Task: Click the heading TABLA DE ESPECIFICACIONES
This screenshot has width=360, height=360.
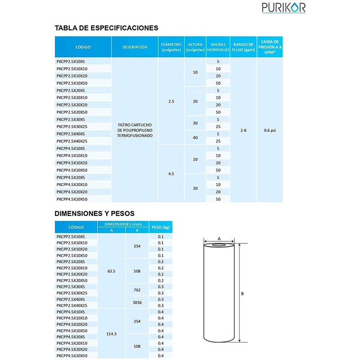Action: tap(106, 28)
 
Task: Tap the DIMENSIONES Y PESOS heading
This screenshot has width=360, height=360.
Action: tap(94, 213)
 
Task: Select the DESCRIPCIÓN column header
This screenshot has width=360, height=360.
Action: tap(135, 47)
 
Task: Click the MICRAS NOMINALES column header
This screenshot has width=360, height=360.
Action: tap(218, 47)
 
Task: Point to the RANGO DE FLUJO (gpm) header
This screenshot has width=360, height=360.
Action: tap(243, 47)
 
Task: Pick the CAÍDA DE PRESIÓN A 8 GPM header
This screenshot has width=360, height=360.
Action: tap(270, 47)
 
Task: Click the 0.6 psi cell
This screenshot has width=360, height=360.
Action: tap(270, 130)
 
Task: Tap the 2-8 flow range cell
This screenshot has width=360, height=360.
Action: tap(243, 130)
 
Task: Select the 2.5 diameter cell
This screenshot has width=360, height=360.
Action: tap(171, 101)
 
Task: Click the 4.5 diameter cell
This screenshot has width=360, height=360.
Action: tap(171, 173)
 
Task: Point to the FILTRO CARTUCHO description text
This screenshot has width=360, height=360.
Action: tap(135, 130)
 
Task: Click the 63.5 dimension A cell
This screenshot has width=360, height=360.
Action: tap(112, 271)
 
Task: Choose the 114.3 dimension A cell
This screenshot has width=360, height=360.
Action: tap(112, 333)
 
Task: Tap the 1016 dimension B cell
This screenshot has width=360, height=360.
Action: tap(137, 302)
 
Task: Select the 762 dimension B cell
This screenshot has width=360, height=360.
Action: tap(137, 290)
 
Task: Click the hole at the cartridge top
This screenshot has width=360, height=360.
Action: tap(219, 245)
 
